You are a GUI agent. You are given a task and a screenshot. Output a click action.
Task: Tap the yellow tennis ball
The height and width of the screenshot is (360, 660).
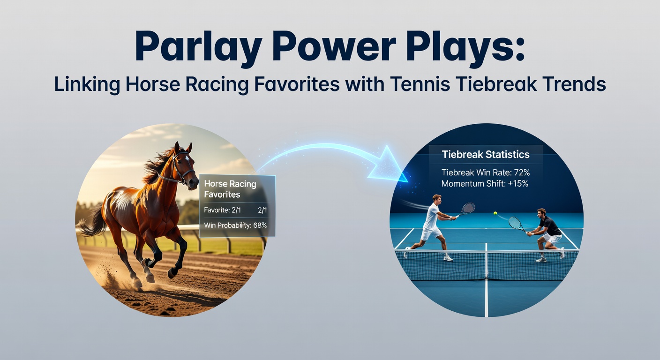point(495,213)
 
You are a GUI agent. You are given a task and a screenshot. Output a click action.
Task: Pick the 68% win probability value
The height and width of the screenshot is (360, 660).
point(260,225)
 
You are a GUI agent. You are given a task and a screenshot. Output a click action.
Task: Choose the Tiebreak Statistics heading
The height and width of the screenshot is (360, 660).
point(486,154)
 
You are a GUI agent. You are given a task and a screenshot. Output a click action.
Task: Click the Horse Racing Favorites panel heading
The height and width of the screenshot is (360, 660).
point(230,189)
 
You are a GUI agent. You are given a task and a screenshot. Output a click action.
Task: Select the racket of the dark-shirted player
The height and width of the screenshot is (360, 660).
point(516,223)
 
